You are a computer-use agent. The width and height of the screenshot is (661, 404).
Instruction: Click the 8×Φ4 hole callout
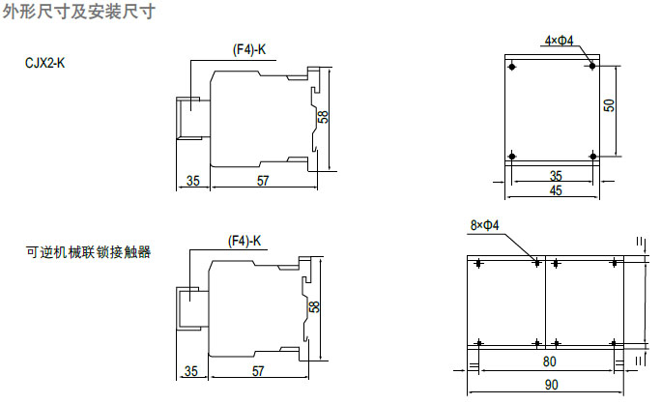484,225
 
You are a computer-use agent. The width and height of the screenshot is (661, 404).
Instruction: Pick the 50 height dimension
609,105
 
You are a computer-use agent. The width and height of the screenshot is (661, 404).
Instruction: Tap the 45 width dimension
555,190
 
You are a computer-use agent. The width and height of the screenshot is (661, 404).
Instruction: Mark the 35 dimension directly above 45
555,176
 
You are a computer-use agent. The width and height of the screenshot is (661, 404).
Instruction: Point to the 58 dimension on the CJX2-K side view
323,116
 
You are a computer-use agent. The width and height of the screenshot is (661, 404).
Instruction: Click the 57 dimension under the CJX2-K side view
263,181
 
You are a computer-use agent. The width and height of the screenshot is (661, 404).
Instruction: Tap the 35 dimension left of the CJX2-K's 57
192,181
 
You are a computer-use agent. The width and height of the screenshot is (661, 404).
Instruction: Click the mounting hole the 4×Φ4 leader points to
592,67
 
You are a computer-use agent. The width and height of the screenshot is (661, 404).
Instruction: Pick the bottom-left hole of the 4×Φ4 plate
513,157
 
